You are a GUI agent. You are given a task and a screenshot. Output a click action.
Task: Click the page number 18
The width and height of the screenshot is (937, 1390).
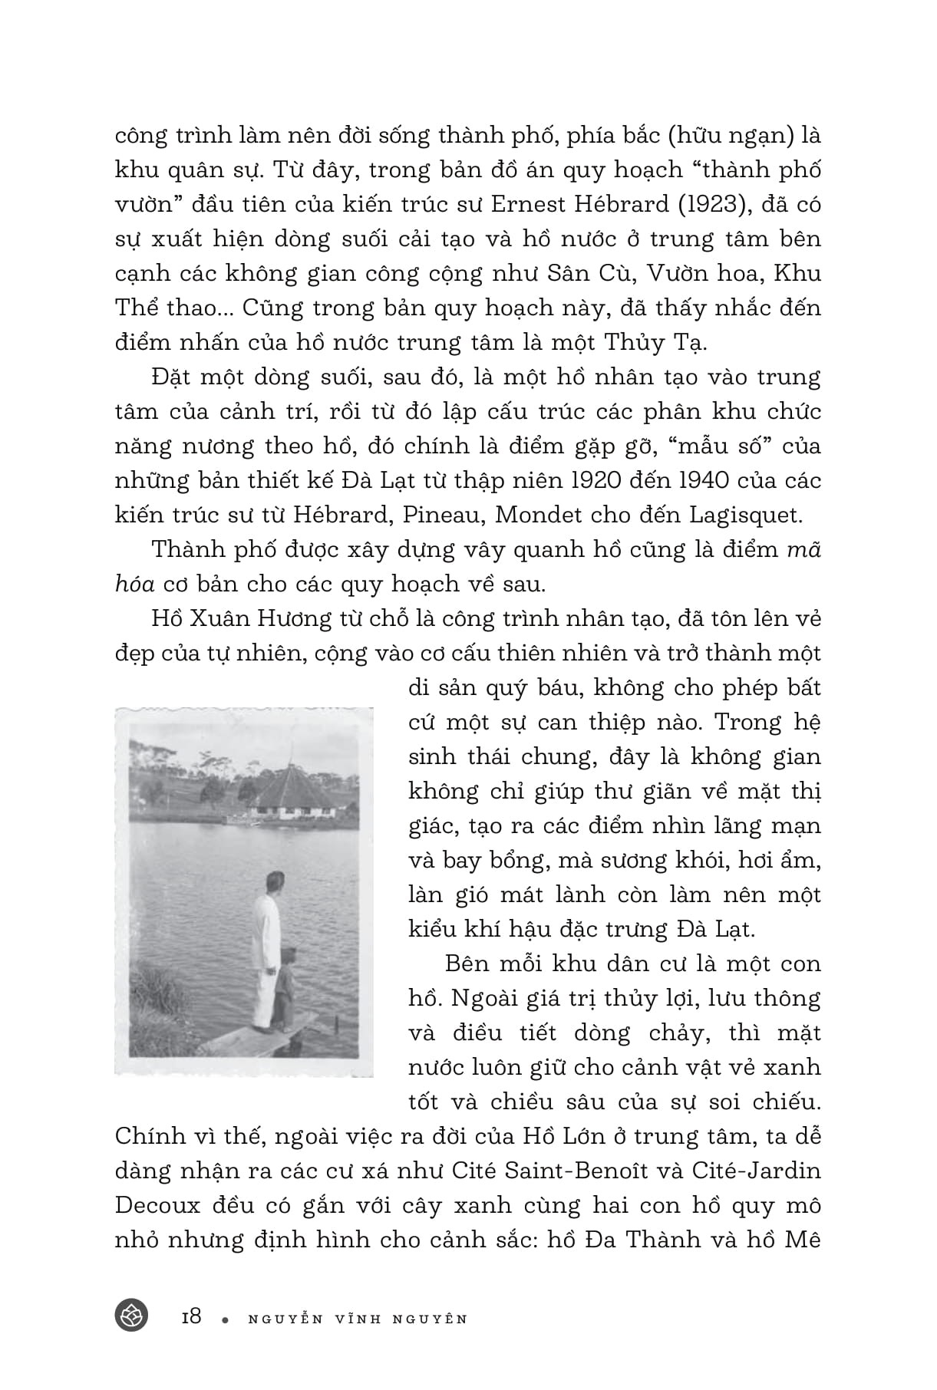coord(191,1317)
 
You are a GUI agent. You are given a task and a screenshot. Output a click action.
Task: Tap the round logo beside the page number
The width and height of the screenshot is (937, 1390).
coord(131,1316)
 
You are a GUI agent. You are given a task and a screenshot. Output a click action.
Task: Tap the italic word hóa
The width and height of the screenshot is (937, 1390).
coord(134,584)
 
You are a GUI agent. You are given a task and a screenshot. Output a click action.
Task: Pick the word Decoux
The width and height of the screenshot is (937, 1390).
coord(157,1205)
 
